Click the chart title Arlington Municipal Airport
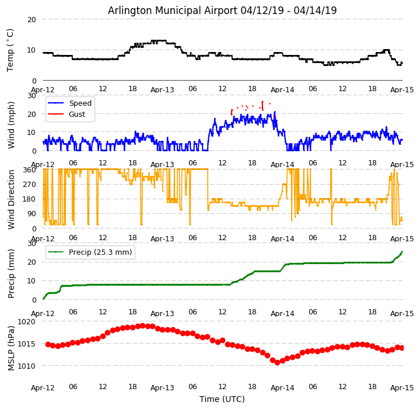222,11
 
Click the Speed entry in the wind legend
80,103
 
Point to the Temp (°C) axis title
10,50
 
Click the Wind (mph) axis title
11,124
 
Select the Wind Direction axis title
11,199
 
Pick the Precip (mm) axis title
11,272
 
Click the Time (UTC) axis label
222,399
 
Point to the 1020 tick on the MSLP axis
26,321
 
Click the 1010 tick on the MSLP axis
26,366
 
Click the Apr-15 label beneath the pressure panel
402,387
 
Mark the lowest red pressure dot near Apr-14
277,363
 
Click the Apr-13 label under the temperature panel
162,90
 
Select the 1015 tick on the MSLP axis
26,344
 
